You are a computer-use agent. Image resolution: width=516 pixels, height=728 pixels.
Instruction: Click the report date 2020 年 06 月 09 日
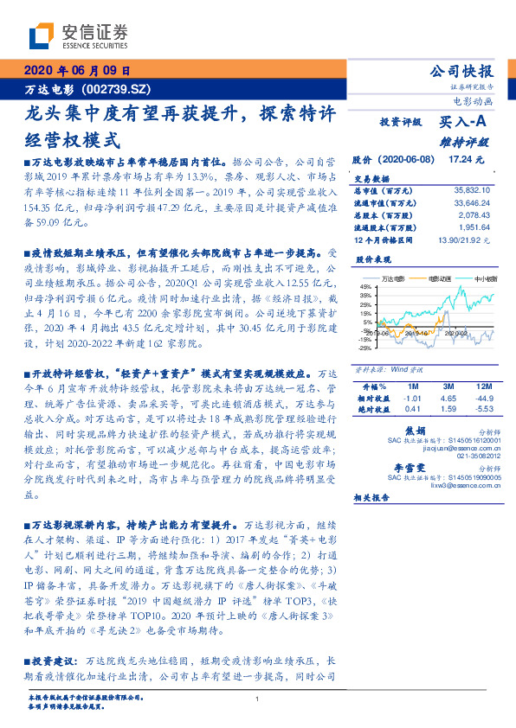tap(78, 72)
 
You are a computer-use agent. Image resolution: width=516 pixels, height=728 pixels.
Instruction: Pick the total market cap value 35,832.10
tap(471, 188)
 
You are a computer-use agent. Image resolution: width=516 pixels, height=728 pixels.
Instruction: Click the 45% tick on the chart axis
tap(365, 287)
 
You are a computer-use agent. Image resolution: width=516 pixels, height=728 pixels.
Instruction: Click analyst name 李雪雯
tap(410, 466)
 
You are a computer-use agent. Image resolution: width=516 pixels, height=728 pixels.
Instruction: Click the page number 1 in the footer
tap(258, 699)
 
